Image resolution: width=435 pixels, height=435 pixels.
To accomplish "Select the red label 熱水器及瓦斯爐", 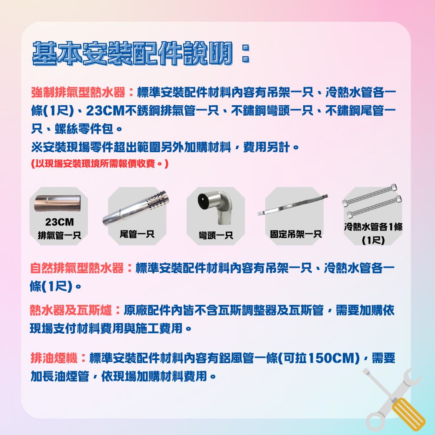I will pyautogui.click(x=71, y=311).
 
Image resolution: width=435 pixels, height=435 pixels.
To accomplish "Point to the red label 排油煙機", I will pyautogui.click(x=54, y=359).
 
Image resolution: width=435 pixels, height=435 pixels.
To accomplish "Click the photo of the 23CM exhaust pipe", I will pyautogui.click(x=59, y=202).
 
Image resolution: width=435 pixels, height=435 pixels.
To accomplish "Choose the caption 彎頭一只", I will pyautogui.click(x=215, y=235).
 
